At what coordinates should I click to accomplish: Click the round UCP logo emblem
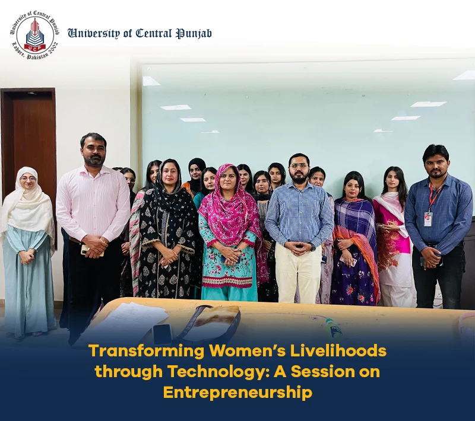click(x=35, y=35)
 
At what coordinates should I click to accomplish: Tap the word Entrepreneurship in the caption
click(x=237, y=393)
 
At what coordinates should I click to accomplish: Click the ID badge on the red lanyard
click(x=428, y=218)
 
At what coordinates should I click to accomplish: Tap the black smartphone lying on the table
click(x=162, y=334)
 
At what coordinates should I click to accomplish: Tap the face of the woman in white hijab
click(x=27, y=181)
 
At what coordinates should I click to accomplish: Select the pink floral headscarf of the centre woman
click(x=229, y=206)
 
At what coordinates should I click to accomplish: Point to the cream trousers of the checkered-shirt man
click(x=299, y=272)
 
